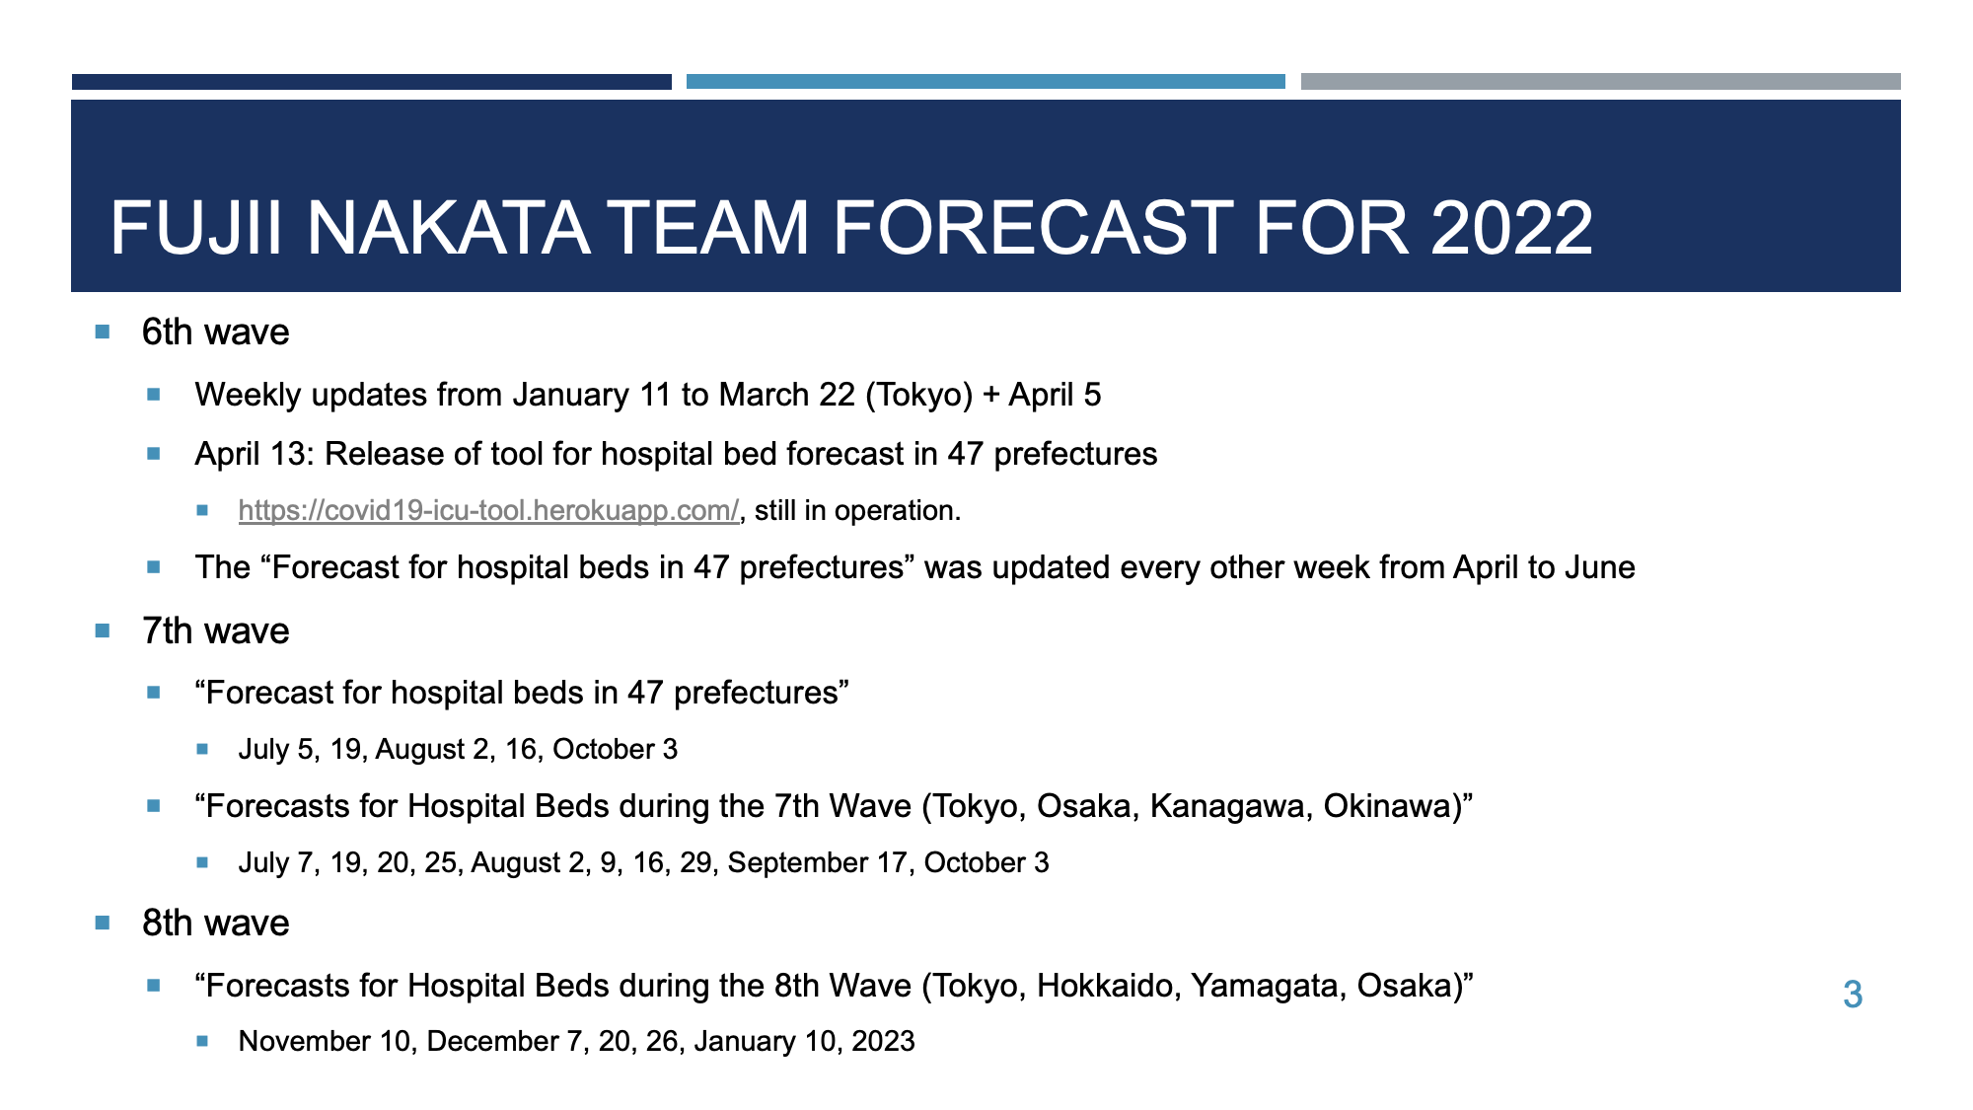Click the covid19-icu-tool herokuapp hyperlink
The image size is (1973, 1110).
click(488, 510)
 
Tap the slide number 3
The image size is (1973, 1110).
click(1853, 995)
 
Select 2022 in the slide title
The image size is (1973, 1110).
click(1511, 228)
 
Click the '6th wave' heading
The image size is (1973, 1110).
click(216, 332)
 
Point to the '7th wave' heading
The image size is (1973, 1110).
click(216, 630)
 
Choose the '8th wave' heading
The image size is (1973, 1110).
click(216, 923)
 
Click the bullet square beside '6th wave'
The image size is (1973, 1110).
click(103, 332)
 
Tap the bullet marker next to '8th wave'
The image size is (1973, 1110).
click(103, 924)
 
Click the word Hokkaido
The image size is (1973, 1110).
click(1109, 986)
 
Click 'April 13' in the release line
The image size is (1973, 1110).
click(251, 454)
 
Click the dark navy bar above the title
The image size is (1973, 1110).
click(372, 82)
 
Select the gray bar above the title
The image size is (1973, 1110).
click(1601, 82)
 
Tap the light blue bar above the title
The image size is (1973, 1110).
click(986, 82)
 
